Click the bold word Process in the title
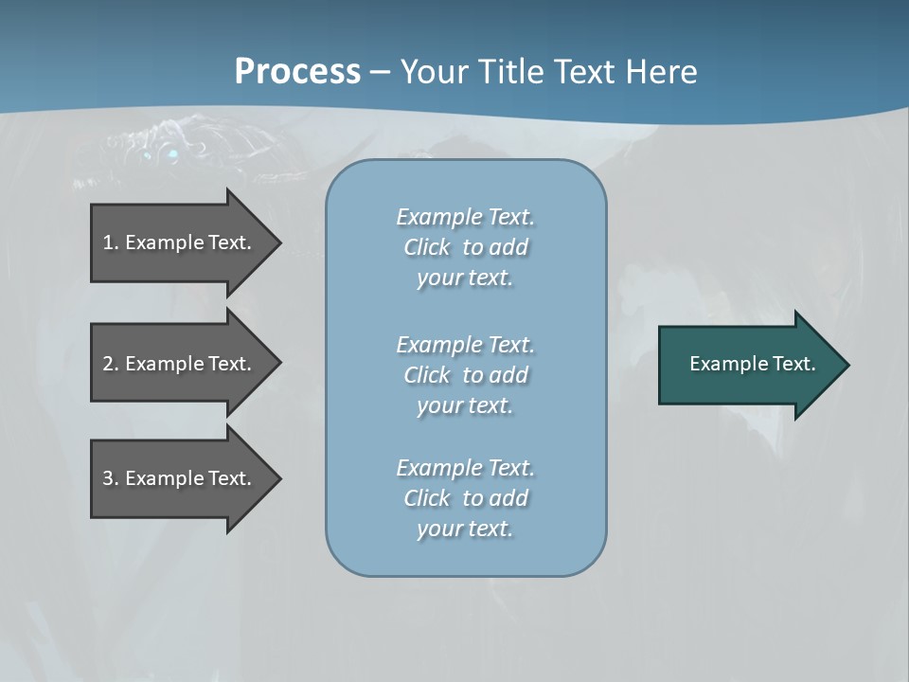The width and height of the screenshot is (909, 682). (x=297, y=72)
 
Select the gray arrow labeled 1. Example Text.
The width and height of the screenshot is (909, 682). (x=180, y=242)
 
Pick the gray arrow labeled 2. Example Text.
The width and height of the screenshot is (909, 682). (x=180, y=364)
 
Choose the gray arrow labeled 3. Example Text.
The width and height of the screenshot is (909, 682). (x=180, y=478)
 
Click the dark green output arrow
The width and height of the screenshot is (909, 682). (x=748, y=365)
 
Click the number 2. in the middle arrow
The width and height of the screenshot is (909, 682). (x=111, y=364)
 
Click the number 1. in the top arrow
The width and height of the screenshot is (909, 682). (x=110, y=242)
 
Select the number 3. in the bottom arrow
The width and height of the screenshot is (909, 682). (x=111, y=478)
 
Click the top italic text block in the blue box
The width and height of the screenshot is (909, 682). (x=465, y=247)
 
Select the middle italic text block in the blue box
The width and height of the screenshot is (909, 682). (x=465, y=375)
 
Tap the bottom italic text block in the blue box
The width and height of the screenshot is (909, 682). (x=465, y=498)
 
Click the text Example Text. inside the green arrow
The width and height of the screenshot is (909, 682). (x=752, y=364)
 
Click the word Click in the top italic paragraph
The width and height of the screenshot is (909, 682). (x=427, y=247)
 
